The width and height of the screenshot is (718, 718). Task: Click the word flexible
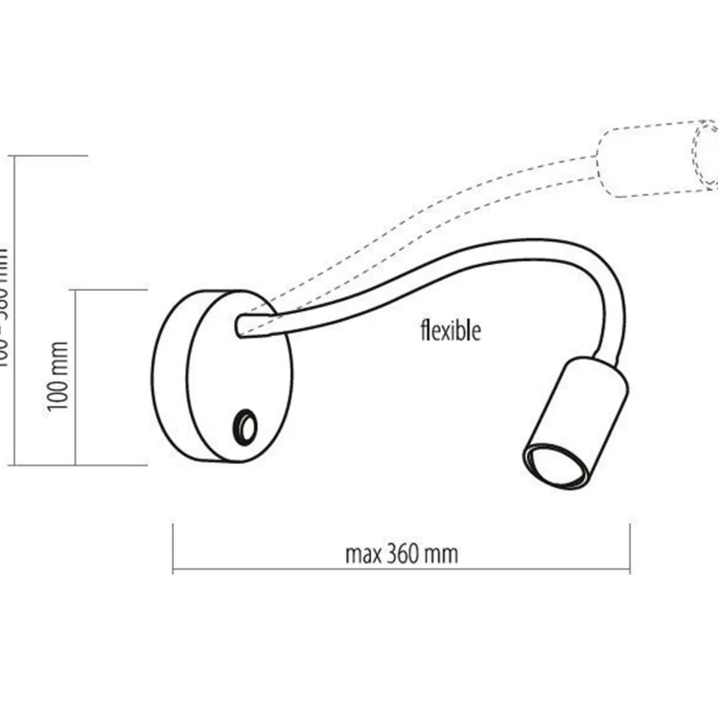(450, 330)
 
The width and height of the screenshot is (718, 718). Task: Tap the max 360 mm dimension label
(401, 554)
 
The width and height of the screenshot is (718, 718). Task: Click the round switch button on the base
(244, 427)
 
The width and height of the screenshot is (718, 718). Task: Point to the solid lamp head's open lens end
(548, 466)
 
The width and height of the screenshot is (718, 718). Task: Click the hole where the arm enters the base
(239, 325)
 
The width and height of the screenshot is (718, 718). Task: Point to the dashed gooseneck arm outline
(444, 200)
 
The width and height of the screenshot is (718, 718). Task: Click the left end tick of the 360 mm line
(172, 548)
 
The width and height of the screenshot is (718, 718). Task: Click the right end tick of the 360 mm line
(630, 548)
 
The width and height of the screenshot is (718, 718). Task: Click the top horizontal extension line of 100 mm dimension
(111, 290)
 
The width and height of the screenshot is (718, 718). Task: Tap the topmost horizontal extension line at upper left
(49, 156)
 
